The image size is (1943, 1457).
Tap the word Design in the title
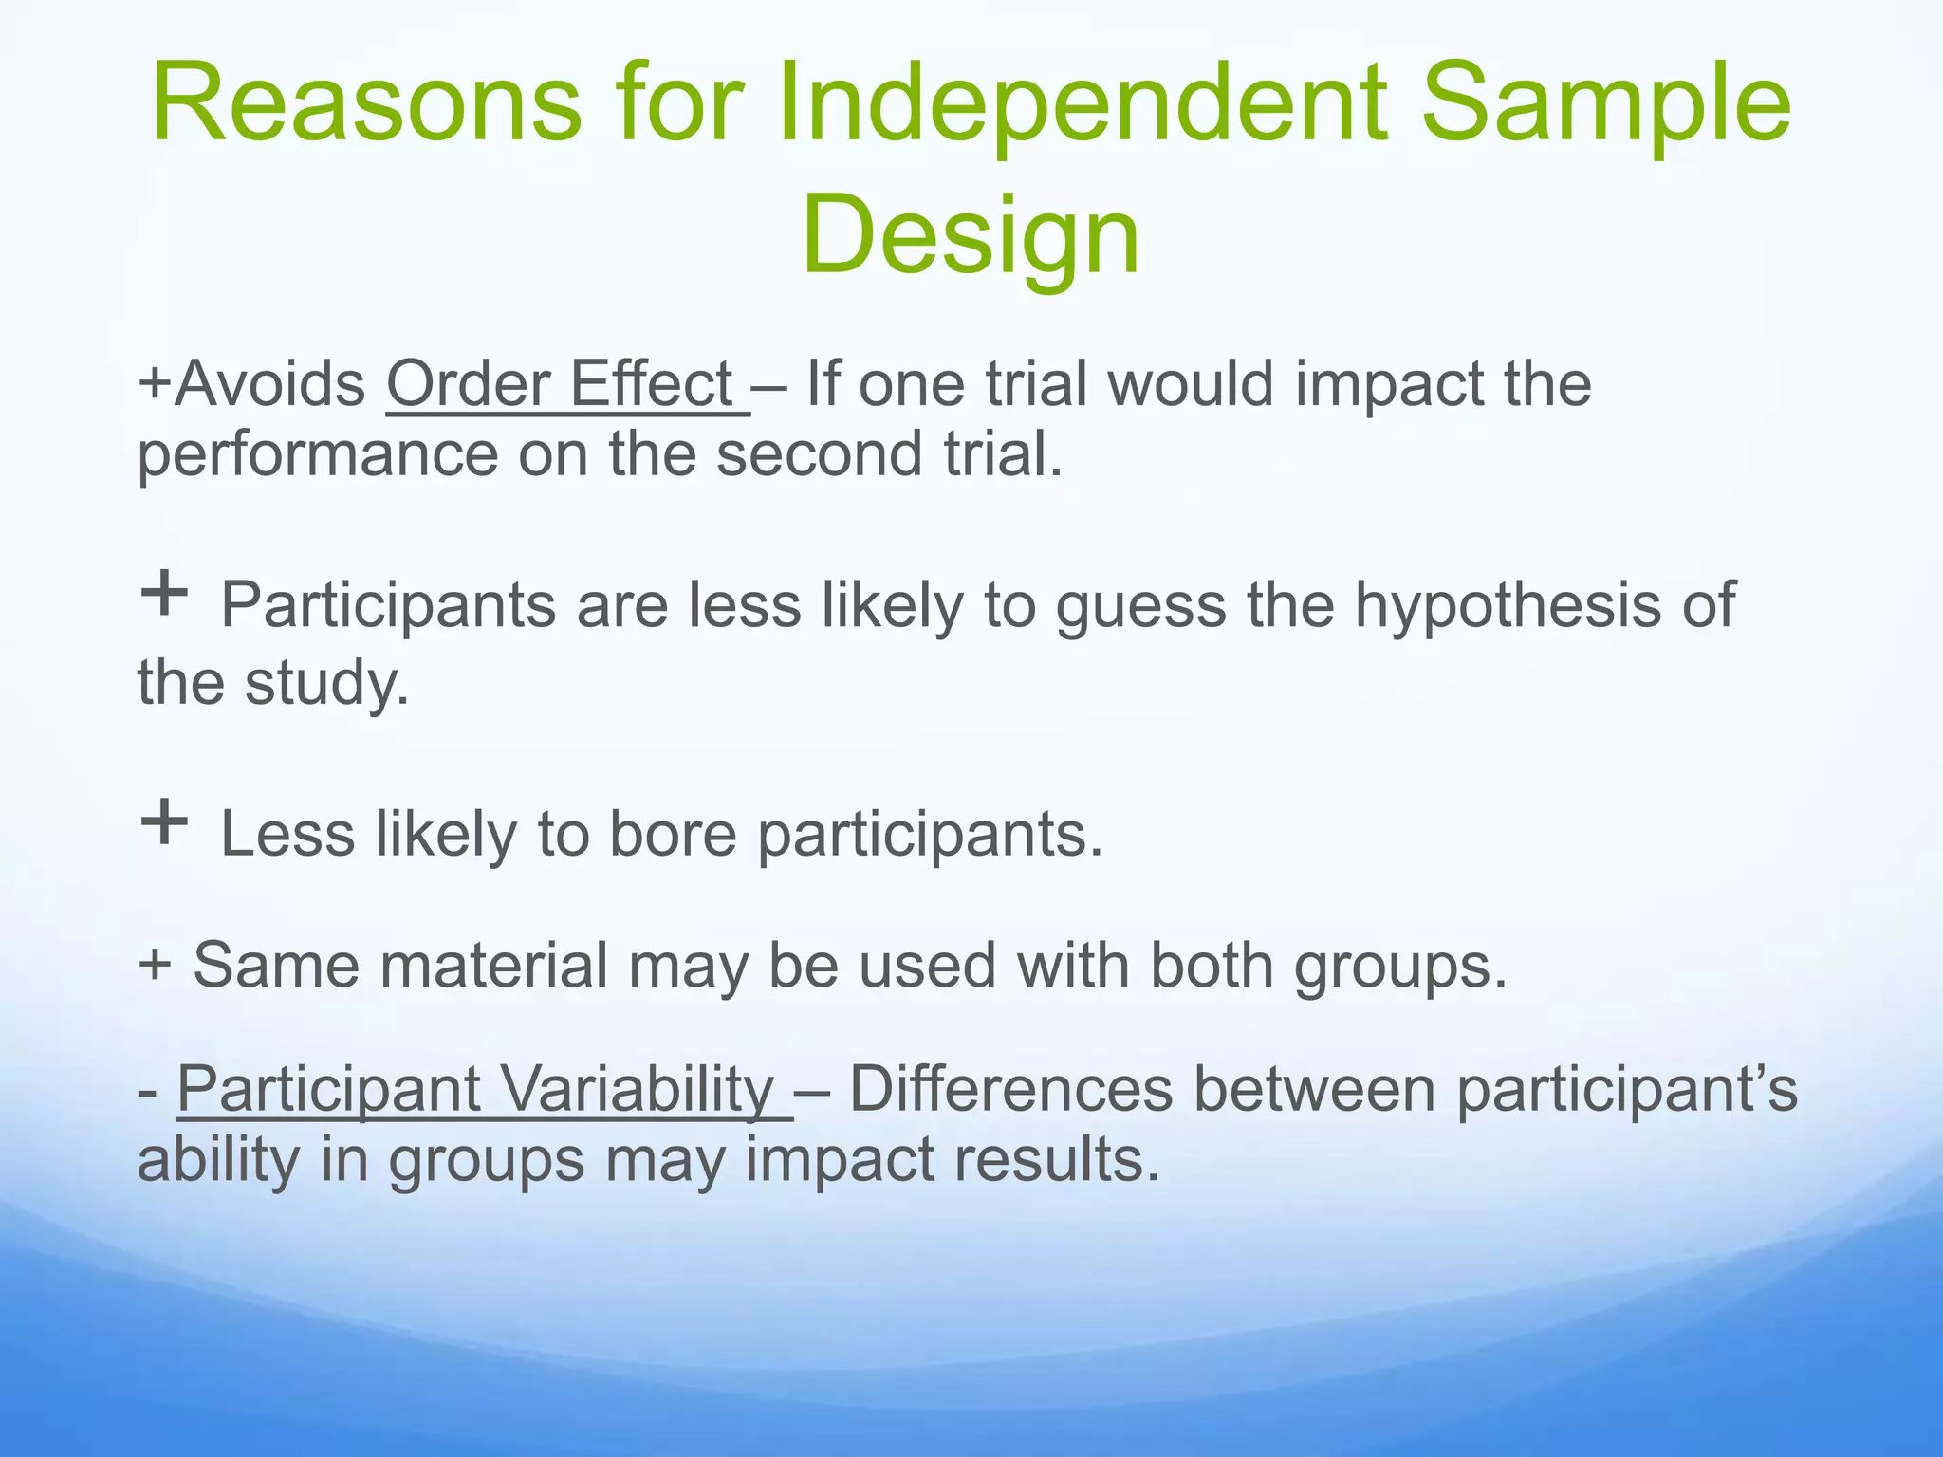(x=970, y=234)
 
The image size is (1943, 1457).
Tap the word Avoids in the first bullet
(x=270, y=384)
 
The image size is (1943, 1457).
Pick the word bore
(x=673, y=834)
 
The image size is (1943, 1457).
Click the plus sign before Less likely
(x=163, y=821)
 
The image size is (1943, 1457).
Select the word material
(x=493, y=965)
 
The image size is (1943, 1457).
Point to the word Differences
(x=1010, y=1089)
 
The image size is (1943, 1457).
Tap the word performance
(x=318, y=455)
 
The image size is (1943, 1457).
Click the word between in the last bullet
(x=1314, y=1089)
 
